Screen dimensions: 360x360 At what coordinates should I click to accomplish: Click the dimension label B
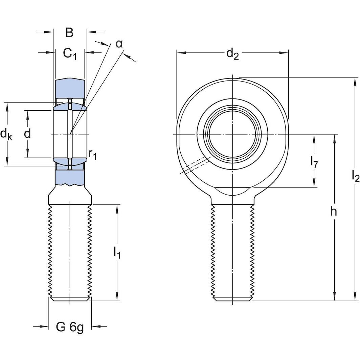coord(69,32)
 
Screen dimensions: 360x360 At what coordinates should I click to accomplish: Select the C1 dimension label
coord(70,53)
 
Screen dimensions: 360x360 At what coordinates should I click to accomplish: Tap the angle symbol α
coord(119,44)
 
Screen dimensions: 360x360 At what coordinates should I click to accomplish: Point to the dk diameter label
coord(6,135)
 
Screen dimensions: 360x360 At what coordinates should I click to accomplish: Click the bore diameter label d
coord(27,134)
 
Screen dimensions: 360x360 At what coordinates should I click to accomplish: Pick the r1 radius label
coord(92,154)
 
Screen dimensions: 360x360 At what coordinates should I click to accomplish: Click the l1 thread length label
coord(117,252)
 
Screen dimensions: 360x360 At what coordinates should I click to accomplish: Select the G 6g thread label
coord(70,327)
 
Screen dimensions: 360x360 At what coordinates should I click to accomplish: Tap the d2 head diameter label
coord(232,53)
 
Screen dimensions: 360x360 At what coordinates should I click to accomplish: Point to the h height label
coord(334,212)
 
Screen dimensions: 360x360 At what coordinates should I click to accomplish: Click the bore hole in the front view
coord(232,135)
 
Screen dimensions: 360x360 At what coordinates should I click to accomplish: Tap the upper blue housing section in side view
coord(70,88)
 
